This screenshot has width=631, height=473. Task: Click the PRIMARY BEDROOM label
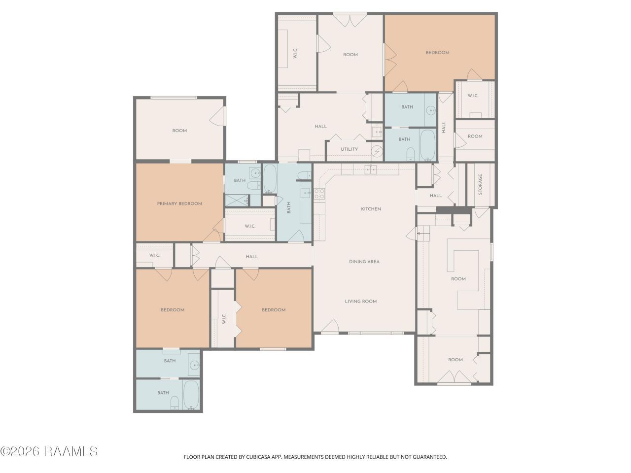tap(179, 203)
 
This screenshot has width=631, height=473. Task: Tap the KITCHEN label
tap(371, 209)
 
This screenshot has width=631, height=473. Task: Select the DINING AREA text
tap(364, 262)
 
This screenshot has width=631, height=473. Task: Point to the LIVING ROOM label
tap(361, 301)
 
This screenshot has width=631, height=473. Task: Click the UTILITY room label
tap(350, 149)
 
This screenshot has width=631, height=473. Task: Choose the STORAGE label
tap(480, 184)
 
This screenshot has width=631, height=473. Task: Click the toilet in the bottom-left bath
tap(175, 403)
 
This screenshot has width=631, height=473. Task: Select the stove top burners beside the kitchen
tap(319, 194)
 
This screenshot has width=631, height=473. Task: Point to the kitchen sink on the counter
tap(370, 169)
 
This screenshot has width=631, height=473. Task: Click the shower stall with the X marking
tap(237, 201)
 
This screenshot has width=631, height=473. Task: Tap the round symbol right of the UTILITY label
tap(377, 150)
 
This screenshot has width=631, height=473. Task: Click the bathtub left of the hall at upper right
tap(427, 145)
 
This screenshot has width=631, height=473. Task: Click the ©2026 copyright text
tap(20, 451)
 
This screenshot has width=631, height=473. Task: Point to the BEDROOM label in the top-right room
tap(437, 53)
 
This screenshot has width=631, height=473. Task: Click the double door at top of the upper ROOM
tap(350, 20)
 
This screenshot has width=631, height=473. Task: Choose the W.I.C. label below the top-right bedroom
tap(473, 96)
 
